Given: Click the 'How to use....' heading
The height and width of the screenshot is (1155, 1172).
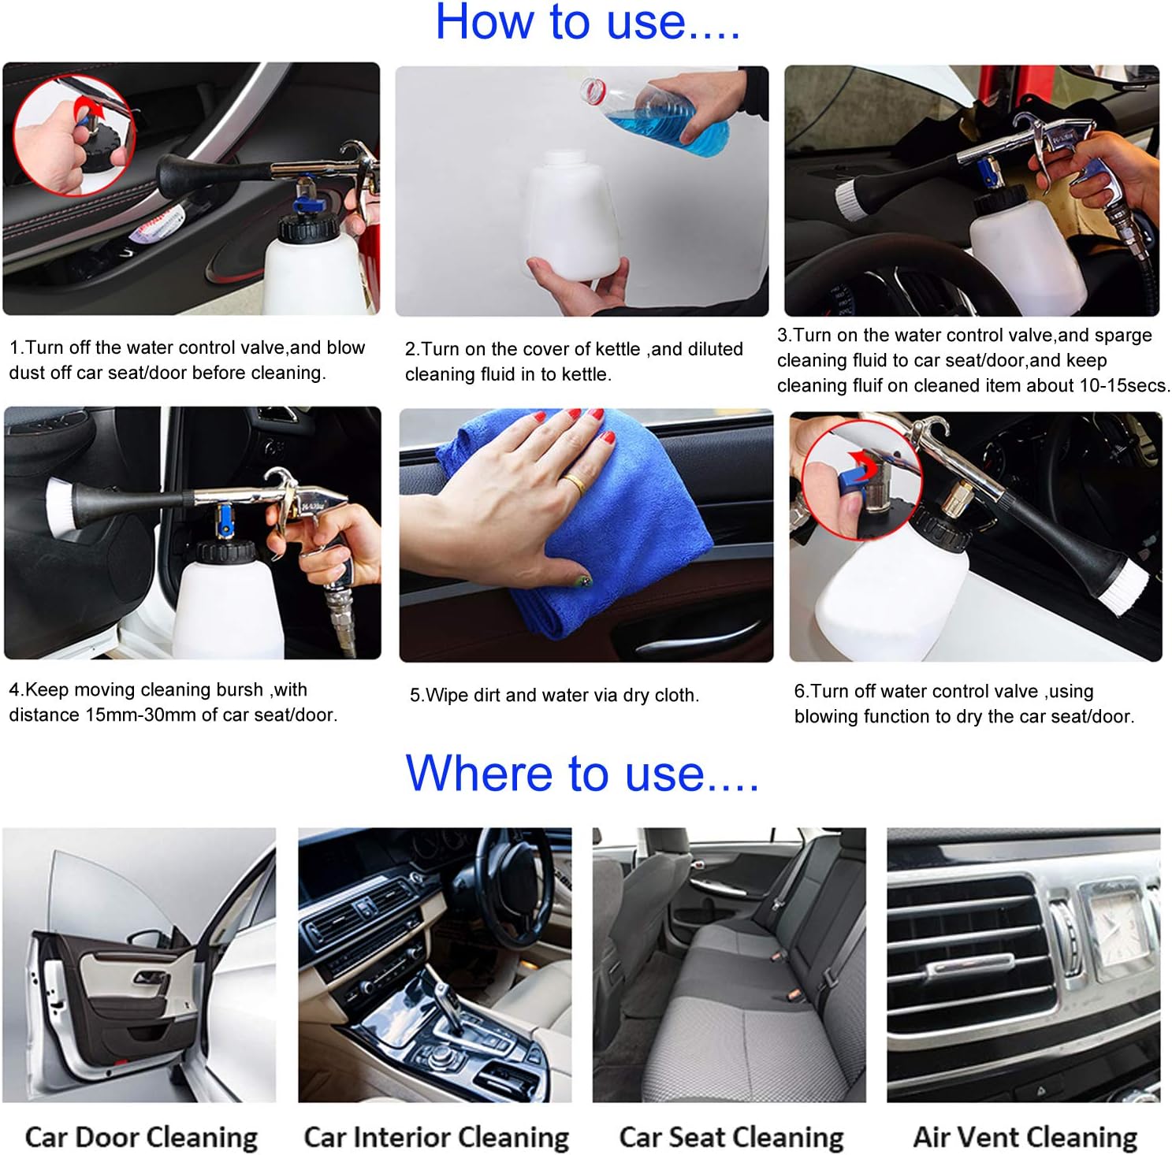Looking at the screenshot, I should (587, 22).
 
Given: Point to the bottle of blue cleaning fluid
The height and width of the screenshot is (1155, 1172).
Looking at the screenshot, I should (662, 114).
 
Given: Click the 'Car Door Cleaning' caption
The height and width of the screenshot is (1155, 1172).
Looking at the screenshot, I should (141, 1137).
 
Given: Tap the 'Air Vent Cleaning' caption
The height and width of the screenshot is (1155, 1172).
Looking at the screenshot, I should (1025, 1137).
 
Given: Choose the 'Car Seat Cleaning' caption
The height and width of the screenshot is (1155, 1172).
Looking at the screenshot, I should (731, 1137).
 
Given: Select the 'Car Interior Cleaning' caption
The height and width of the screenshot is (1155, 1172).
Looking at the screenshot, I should (436, 1137).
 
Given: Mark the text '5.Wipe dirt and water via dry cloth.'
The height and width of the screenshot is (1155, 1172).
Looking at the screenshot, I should (554, 695).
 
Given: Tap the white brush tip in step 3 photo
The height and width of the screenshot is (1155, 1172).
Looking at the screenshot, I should (846, 196).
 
